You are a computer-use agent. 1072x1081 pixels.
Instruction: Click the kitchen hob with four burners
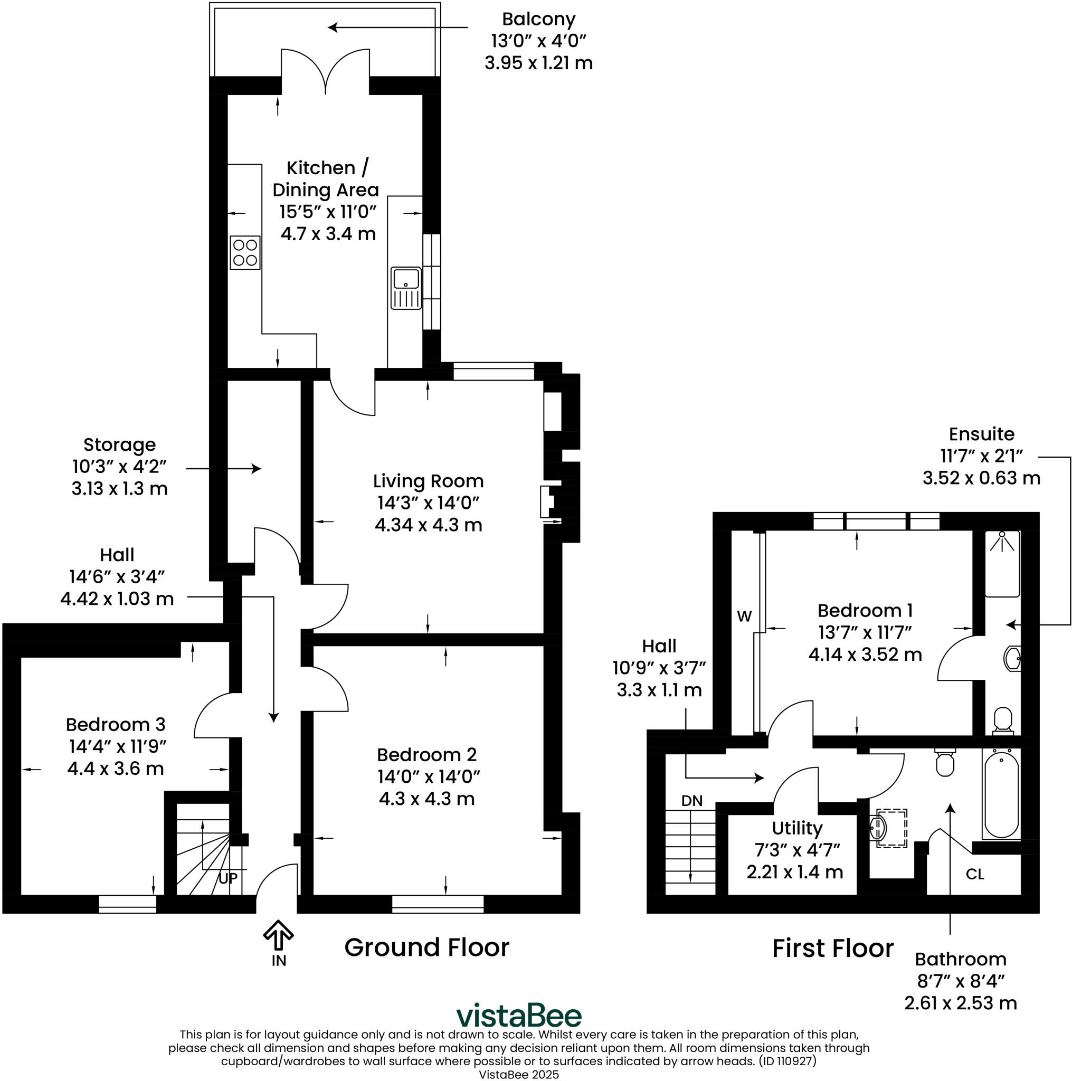(x=245, y=252)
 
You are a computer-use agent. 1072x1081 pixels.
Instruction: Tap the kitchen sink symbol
(x=406, y=288)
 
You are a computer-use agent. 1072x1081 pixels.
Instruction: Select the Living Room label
(x=428, y=481)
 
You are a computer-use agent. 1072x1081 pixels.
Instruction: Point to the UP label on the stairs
(x=227, y=878)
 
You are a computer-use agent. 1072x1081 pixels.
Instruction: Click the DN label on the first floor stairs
(x=691, y=801)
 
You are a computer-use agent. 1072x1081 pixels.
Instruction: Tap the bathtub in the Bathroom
(x=1001, y=794)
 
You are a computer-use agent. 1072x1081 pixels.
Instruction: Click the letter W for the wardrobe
(x=744, y=617)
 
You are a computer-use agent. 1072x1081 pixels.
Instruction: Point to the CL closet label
(x=975, y=875)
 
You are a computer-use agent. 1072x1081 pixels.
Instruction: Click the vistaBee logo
(x=519, y=1016)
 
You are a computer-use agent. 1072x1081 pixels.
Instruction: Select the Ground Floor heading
(x=426, y=947)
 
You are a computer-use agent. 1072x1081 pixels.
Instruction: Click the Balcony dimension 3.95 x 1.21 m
(x=538, y=63)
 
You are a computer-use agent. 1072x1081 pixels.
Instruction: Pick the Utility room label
(x=796, y=828)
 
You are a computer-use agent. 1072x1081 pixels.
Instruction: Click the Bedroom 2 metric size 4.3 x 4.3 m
(x=426, y=799)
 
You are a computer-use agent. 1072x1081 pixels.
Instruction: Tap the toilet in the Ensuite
(x=1003, y=720)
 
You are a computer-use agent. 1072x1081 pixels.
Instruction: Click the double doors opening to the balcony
(x=325, y=70)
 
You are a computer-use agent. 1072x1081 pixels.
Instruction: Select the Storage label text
(x=119, y=445)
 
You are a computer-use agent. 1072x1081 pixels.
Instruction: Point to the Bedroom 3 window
(x=127, y=904)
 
